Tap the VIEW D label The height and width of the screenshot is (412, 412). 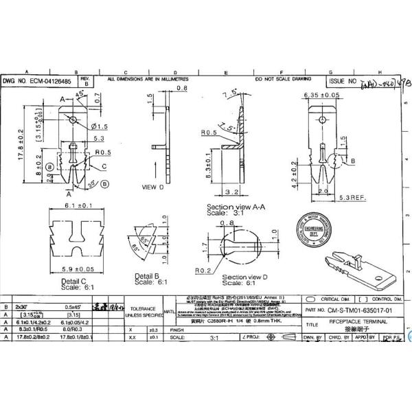[x=152, y=186]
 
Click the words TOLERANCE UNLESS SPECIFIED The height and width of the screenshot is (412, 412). [x=144, y=312]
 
